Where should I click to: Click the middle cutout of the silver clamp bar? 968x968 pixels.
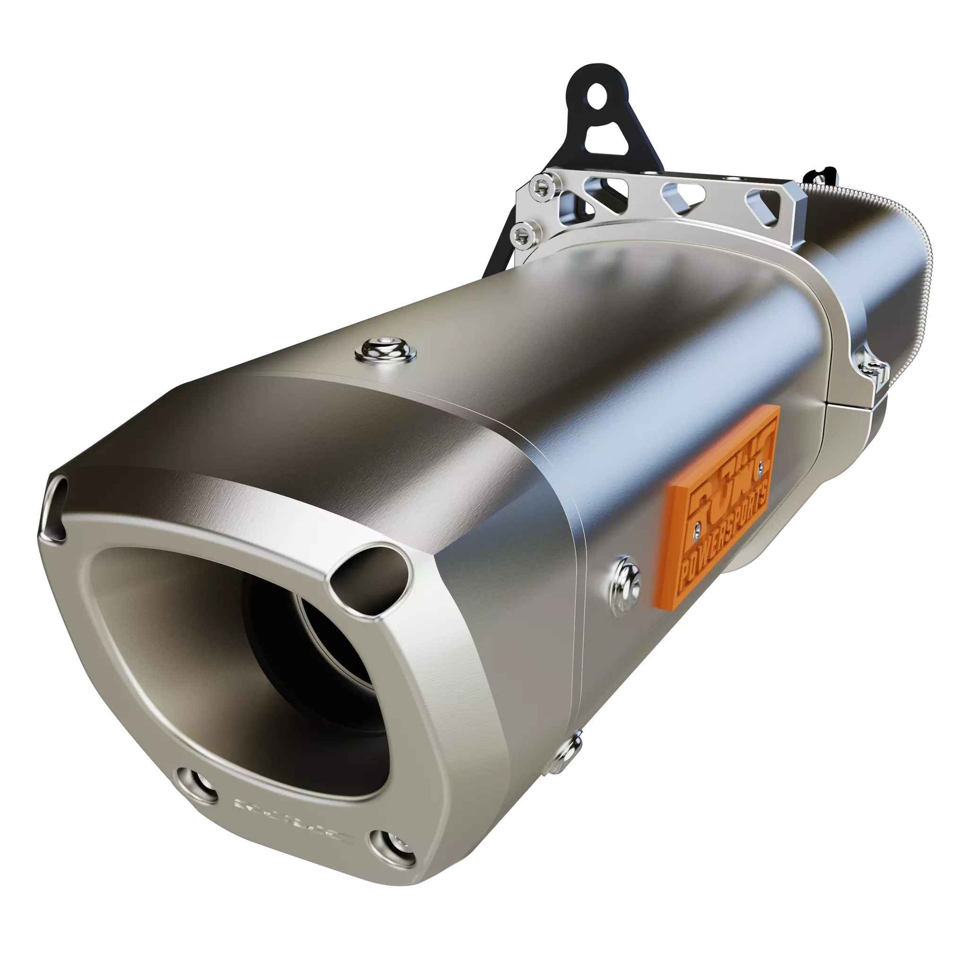674,193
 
